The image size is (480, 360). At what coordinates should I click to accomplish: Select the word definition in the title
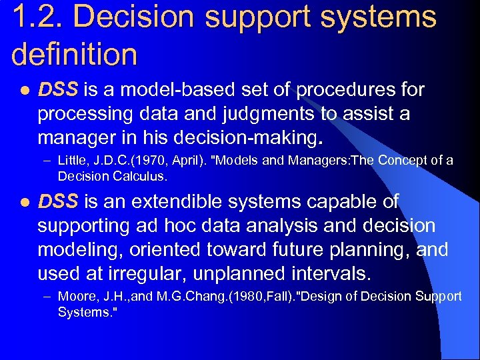[75, 55]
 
